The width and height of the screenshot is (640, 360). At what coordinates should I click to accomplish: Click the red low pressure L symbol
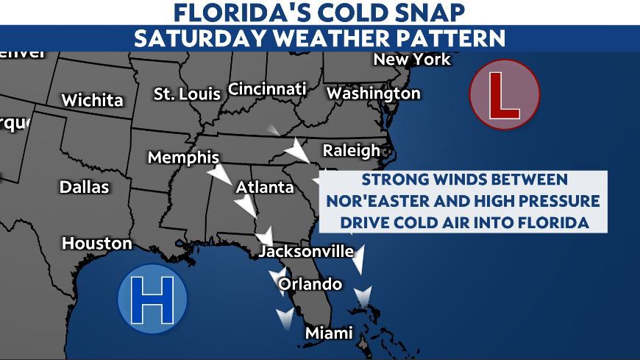[x=505, y=95]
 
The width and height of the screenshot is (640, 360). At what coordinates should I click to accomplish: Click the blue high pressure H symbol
[x=152, y=299]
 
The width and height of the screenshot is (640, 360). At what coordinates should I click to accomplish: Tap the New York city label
[x=412, y=59]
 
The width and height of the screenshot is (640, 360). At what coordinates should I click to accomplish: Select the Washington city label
[x=373, y=93]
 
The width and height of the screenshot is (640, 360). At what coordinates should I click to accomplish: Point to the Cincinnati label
[x=267, y=89]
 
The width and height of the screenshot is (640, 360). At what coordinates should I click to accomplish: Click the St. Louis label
[x=187, y=94]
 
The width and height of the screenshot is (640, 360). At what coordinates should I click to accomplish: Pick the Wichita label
[x=92, y=100]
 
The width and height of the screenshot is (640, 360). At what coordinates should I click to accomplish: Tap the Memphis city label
[x=183, y=158]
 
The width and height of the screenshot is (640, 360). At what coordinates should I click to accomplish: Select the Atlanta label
[x=265, y=188]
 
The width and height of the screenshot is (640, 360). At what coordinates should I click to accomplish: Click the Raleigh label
[x=351, y=151]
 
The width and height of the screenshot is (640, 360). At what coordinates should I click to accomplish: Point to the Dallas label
[x=84, y=187]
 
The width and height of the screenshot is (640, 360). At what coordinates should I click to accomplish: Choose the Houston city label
[x=96, y=243]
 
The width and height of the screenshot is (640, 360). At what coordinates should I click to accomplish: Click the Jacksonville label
[x=307, y=252]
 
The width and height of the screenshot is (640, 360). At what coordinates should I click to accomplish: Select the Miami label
[x=329, y=333]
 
